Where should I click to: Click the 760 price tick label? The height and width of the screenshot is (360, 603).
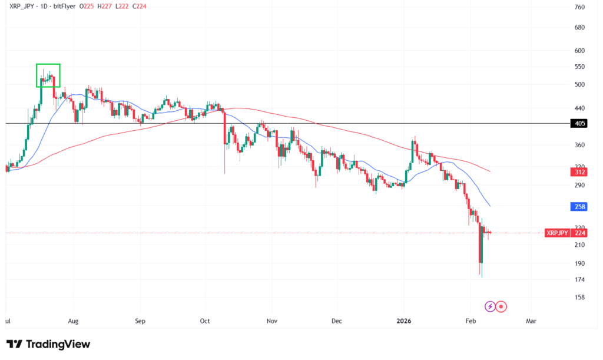click(x=579, y=7)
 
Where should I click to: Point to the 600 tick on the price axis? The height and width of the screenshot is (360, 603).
click(x=579, y=50)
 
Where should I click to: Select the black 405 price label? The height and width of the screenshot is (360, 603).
click(x=579, y=124)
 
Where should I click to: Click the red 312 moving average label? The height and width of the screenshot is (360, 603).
click(x=579, y=172)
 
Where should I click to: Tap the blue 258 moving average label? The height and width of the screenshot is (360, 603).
click(x=579, y=207)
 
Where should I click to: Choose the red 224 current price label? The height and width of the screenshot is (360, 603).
click(x=580, y=233)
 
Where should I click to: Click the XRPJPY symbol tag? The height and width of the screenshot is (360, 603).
click(x=557, y=233)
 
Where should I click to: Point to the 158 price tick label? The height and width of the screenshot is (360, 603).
click(x=579, y=298)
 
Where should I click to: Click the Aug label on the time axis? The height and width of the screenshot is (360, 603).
click(x=73, y=321)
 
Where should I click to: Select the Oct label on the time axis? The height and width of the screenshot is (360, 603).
click(x=204, y=321)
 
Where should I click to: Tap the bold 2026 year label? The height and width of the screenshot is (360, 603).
click(x=404, y=321)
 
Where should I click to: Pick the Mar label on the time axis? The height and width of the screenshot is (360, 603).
click(x=532, y=321)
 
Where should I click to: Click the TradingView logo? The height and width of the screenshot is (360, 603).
click(x=48, y=344)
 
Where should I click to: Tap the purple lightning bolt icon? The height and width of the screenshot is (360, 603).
click(x=490, y=306)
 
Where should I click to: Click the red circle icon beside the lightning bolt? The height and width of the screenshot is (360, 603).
click(x=501, y=306)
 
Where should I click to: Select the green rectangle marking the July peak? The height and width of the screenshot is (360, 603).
click(x=48, y=75)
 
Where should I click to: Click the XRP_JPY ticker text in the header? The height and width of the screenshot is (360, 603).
click(x=22, y=7)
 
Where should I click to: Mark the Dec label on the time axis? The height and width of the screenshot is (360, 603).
click(x=336, y=321)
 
